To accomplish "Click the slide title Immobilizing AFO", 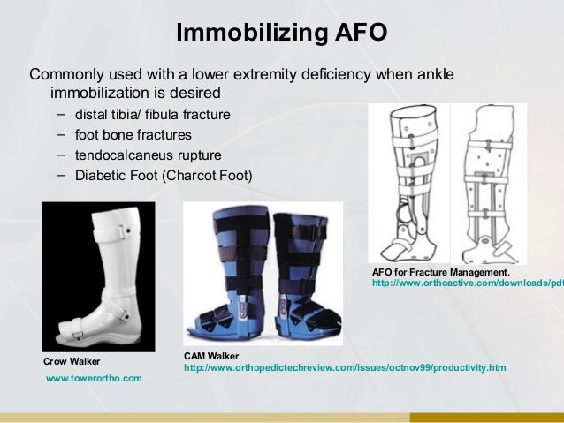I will pos(281,34).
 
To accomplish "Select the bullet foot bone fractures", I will pos(133,135).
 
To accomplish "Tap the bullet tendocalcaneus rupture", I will pos(149,155).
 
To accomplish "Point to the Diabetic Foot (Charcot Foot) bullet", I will pos(164,175).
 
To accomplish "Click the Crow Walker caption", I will pos(72,361).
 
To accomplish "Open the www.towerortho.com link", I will pos(93,378).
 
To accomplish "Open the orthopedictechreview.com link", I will pos(345,366).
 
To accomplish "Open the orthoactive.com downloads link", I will pos(468,283).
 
